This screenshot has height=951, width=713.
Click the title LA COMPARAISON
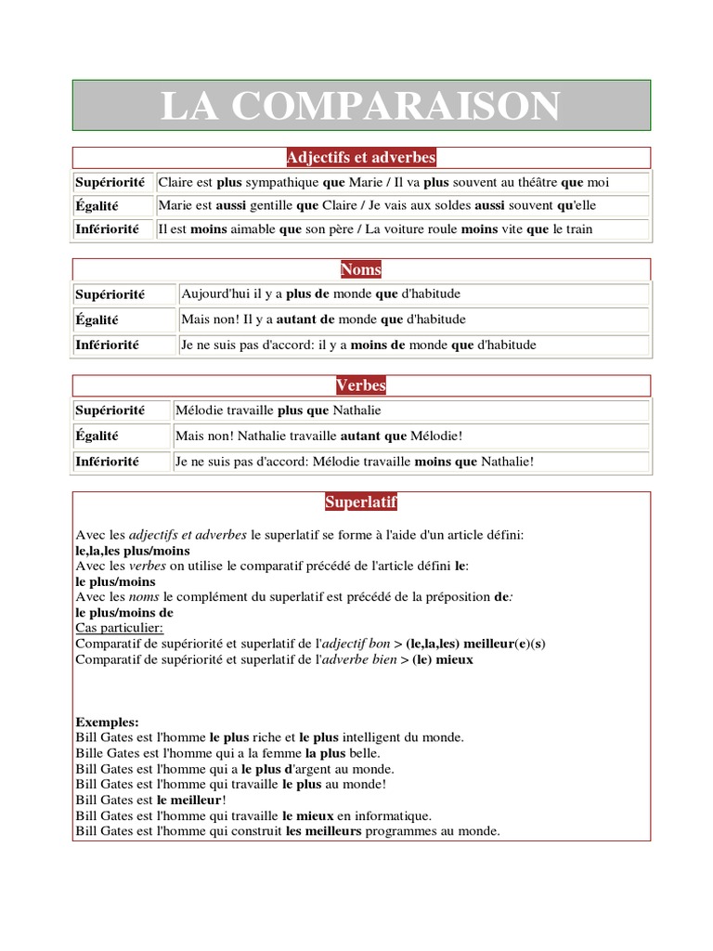pos(361,106)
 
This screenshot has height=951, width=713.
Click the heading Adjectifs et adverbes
pos(361,158)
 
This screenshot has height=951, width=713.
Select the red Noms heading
pos(361,270)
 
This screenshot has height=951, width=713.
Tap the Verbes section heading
pos(361,385)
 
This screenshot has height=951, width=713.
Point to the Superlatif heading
pos(361,502)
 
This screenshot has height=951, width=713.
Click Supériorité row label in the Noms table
pos(110,294)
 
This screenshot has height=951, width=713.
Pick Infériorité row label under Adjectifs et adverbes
pos(108,228)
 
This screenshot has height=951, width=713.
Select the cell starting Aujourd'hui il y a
pos(321,294)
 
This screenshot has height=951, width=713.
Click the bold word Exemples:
pos(107,722)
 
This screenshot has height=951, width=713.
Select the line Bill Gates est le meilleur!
pos(151,800)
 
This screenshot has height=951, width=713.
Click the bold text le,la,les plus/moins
pos(132,551)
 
